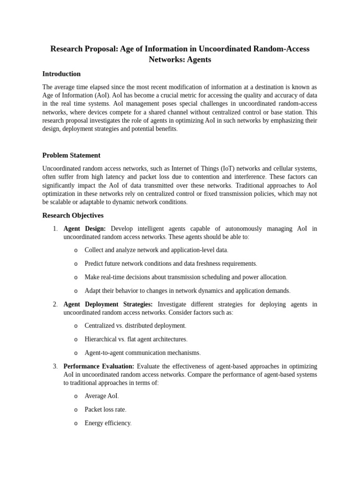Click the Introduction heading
point(61,74)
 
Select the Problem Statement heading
point(71,155)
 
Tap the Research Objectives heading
point(73,215)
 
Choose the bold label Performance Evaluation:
point(98,366)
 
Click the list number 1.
point(55,229)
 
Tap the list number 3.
point(55,366)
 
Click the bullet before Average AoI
point(75,396)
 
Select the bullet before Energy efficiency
point(75,423)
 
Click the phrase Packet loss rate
point(105,409)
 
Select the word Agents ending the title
point(198,60)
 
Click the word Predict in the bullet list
point(94,263)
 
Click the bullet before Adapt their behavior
point(75,291)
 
